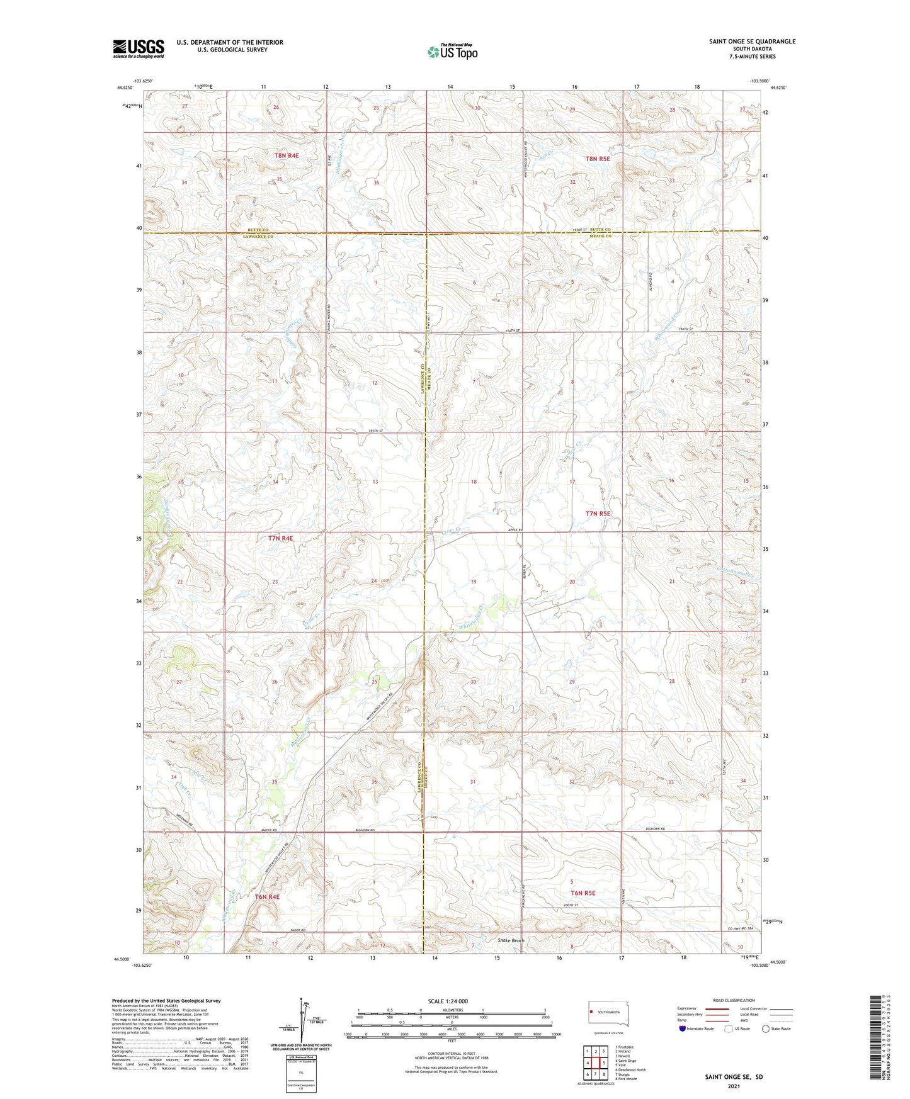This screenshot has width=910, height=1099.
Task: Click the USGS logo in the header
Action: coord(138,48)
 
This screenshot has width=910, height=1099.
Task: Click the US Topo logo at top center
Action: coord(452,52)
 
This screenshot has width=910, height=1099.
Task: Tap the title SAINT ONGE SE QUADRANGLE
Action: coord(752,42)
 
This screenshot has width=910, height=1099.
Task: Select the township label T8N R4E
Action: coord(286,155)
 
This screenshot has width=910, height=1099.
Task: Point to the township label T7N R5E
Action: coord(598,514)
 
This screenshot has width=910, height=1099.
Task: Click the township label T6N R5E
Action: coord(583,893)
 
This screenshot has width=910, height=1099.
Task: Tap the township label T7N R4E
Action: coord(280,538)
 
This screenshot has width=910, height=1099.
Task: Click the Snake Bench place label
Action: coord(511,940)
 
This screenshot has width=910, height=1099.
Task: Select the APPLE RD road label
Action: coord(515,530)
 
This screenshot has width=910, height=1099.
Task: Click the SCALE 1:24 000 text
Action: coord(448,1001)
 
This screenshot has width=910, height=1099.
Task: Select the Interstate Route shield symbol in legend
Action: coord(683,1029)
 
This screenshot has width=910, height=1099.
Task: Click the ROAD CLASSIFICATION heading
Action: coord(733,1000)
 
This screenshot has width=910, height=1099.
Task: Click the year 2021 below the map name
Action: coord(733,1086)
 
